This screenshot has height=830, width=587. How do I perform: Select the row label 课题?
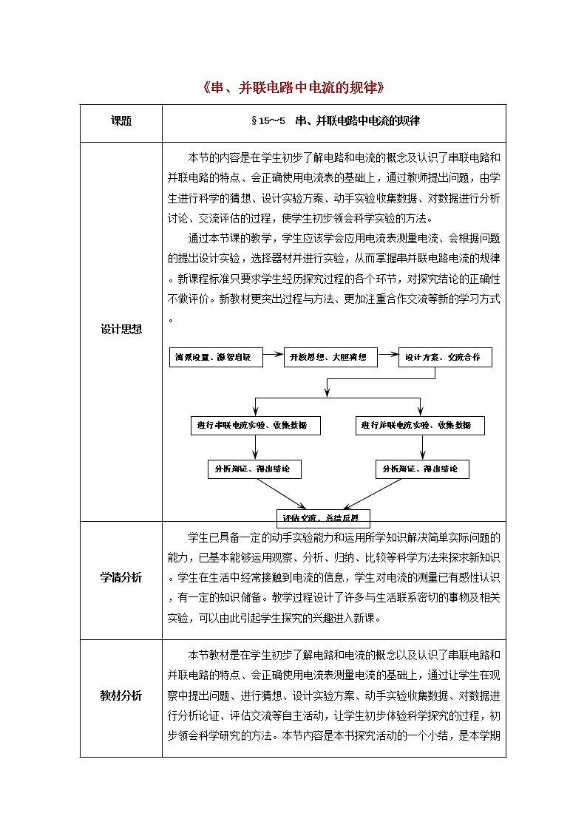tap(121, 121)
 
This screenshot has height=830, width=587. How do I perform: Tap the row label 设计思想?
tap(121, 330)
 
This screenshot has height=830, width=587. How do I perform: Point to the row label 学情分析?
tap(121, 577)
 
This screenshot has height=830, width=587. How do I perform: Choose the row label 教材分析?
tap(121, 695)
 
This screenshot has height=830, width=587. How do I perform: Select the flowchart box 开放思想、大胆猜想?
tap(330, 357)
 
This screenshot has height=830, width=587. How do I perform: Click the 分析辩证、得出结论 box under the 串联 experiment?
tap(254, 469)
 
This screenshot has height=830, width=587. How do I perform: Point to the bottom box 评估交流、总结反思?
tap(322, 517)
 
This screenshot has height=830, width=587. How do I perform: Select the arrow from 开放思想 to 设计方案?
tap(387, 357)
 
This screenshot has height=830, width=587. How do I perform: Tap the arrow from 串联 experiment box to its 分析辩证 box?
tap(255, 447)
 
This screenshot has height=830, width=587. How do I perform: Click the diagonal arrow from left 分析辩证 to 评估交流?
tap(283, 494)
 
